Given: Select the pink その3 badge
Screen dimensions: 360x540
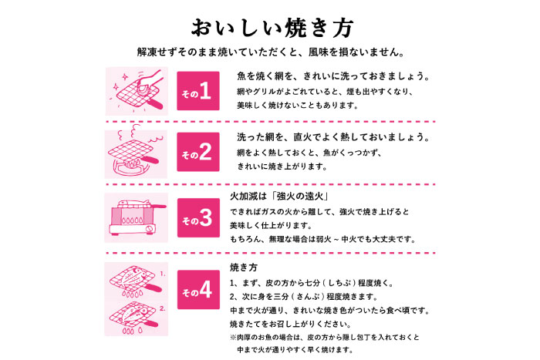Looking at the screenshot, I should [x=197, y=220].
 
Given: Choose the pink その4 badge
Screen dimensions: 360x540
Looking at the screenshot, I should [x=197, y=291].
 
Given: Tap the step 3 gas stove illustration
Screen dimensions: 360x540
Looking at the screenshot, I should [x=136, y=219].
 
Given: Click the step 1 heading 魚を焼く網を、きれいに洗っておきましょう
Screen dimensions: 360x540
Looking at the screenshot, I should [x=332, y=78].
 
